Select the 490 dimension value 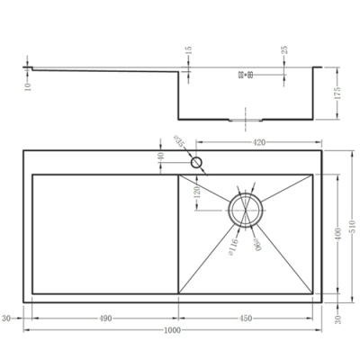coord(105,318)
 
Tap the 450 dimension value coord(245,318)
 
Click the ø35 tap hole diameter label coord(179,144)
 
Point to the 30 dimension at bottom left coord(6,318)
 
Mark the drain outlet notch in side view coord(245,118)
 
